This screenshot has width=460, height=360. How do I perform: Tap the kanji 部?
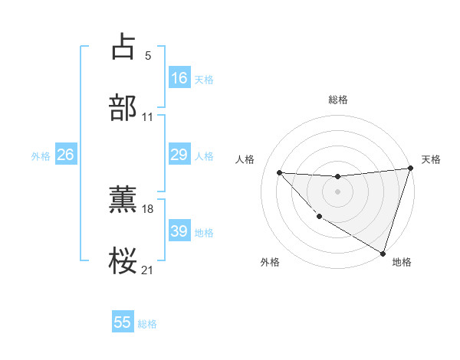123,108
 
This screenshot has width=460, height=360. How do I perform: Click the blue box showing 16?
179,78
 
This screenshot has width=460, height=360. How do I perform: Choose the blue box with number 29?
179,155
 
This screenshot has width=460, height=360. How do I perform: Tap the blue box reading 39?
179,231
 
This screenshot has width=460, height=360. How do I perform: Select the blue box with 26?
65,155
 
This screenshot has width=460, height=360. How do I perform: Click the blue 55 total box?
123,322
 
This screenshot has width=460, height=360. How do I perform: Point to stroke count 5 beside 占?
147,55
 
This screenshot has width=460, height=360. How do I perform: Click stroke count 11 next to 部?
148,117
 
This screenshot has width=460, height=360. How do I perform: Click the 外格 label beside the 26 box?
41,155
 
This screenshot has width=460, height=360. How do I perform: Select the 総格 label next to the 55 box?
147,324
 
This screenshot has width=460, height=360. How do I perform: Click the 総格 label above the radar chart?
337,100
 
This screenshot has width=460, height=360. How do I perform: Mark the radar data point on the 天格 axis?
410,169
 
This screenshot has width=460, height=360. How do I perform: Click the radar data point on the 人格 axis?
279,172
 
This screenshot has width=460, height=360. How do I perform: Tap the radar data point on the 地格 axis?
383,253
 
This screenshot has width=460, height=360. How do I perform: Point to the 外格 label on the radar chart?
269,263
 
